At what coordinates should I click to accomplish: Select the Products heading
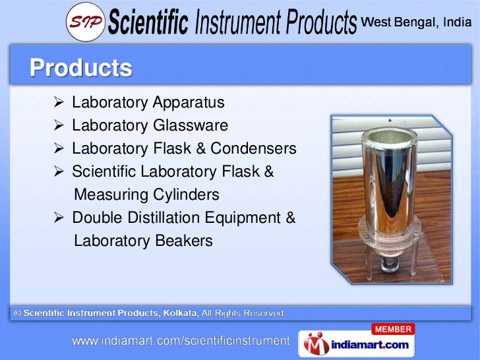click(x=80, y=69)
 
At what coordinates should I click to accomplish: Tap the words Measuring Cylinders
click(x=146, y=195)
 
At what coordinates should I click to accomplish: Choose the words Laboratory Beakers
click(x=143, y=241)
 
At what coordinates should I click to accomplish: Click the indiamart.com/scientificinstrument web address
click(x=181, y=342)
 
